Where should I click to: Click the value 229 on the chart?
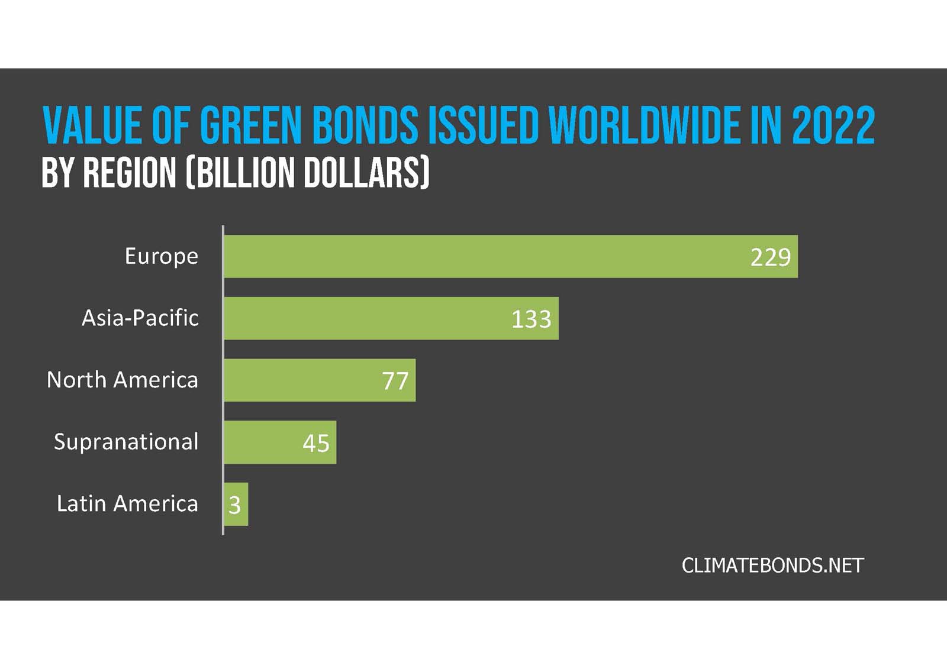click(770, 257)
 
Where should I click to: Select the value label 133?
click(531, 319)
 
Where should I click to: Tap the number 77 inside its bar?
click(395, 381)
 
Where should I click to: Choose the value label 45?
click(315, 443)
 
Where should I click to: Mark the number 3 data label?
click(234, 505)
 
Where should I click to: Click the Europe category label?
click(161, 256)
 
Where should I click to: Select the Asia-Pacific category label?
click(140, 318)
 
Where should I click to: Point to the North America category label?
click(122, 380)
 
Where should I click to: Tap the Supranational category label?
click(125, 442)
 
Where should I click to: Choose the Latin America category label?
click(127, 503)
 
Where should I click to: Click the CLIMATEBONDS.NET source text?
click(772, 565)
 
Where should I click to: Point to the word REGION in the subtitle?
click(130, 173)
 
